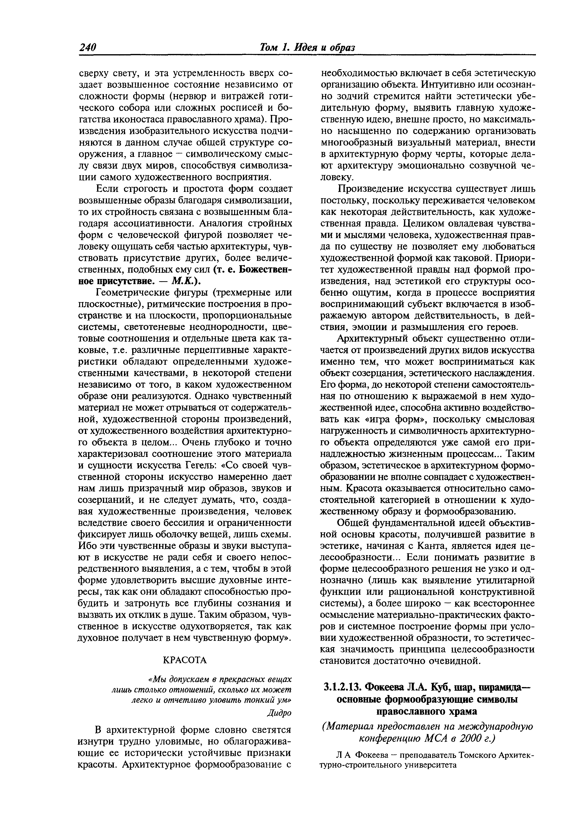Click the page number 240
[x=88, y=47]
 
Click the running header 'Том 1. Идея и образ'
[x=307, y=47]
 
